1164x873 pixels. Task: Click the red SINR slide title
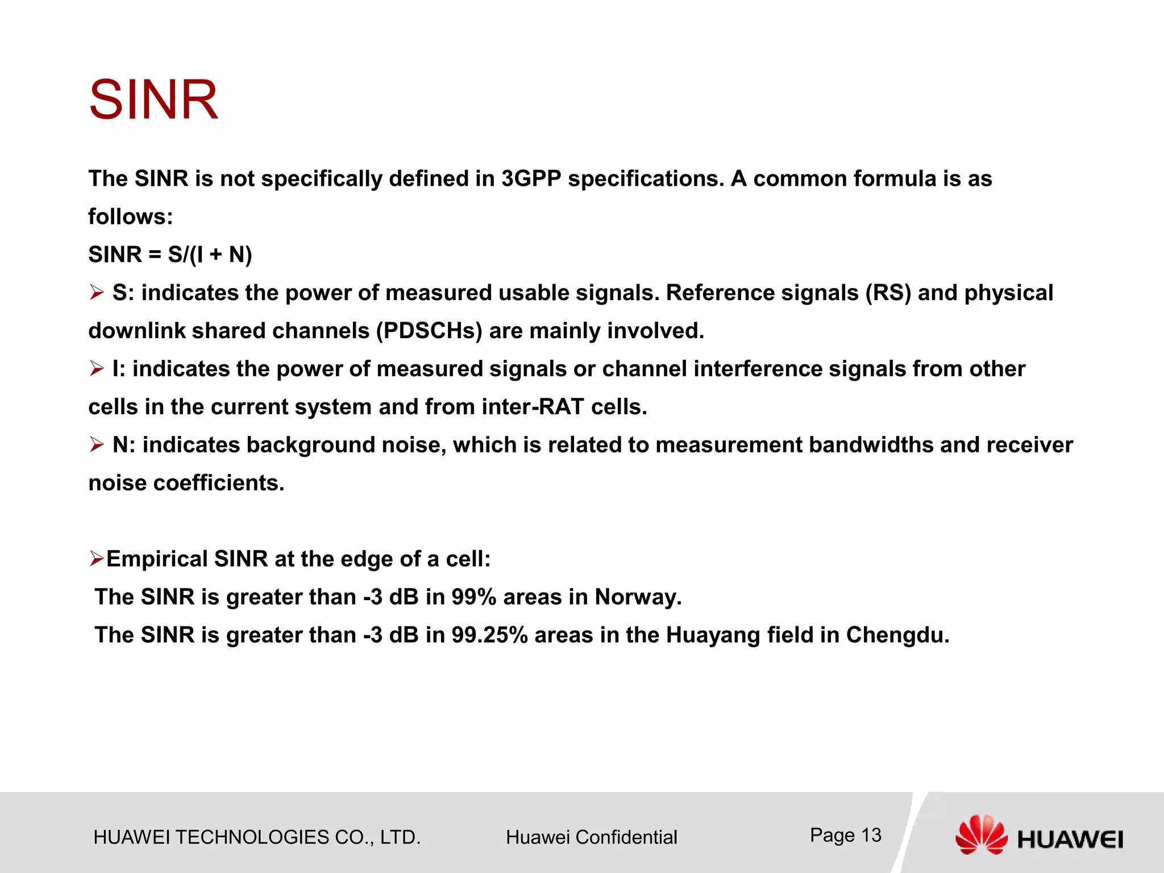(x=153, y=101)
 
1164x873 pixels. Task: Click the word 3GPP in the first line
(x=531, y=179)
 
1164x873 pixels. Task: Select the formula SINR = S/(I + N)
(x=170, y=255)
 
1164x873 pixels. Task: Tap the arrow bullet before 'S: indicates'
(x=97, y=293)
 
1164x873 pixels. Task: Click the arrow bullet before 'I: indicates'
(x=97, y=369)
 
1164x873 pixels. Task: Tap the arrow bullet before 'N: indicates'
(x=97, y=445)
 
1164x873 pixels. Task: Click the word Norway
(x=637, y=597)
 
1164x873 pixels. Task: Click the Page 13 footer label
(x=845, y=835)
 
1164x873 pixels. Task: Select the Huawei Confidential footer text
(x=591, y=837)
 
